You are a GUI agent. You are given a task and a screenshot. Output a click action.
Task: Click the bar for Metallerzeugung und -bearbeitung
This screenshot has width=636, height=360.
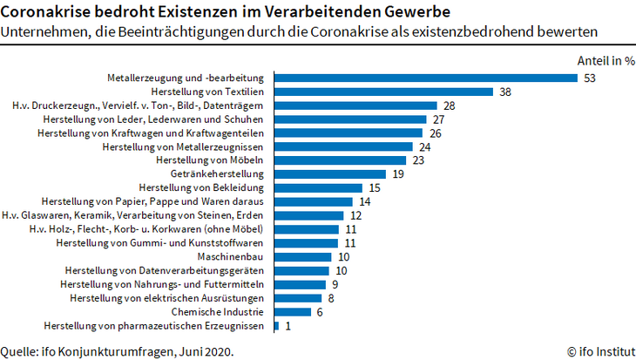pyautogui.click(x=426, y=78)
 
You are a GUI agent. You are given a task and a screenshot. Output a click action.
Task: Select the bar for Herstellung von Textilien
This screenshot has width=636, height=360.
pyautogui.click(x=384, y=92)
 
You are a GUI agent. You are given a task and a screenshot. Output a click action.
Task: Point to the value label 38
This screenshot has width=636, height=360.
pyautogui.click(x=505, y=92)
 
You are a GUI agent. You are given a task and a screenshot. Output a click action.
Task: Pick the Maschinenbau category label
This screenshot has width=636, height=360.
pyautogui.click(x=236, y=256)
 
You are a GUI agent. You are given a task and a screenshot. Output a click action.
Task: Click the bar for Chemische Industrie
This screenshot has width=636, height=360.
pyautogui.click(x=293, y=311)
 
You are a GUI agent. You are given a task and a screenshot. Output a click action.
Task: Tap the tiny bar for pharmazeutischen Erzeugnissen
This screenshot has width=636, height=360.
pyautogui.click(x=276, y=325)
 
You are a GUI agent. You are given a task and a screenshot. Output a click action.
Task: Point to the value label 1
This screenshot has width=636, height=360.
pyautogui.click(x=288, y=325)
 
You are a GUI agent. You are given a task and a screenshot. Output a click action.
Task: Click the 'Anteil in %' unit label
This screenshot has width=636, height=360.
pyautogui.click(x=606, y=61)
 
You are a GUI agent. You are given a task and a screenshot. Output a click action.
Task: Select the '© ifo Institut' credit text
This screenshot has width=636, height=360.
pyautogui.click(x=601, y=351)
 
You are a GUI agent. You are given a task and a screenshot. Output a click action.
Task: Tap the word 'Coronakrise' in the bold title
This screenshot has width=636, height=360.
pyautogui.click(x=45, y=12)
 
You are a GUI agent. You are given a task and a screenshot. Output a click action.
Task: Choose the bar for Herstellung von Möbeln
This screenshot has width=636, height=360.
pyautogui.click(x=341, y=160)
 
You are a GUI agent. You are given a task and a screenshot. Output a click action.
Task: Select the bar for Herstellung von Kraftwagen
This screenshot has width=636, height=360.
pyautogui.click(x=348, y=132)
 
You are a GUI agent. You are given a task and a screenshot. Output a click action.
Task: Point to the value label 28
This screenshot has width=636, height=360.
pyautogui.click(x=450, y=105)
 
